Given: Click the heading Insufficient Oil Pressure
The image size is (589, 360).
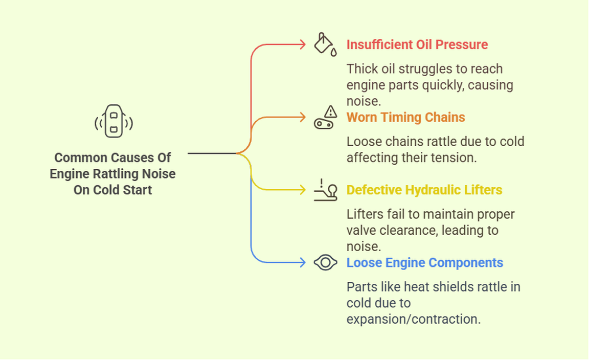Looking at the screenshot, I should click(417, 44).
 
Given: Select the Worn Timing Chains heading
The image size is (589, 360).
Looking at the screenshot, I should click(405, 117).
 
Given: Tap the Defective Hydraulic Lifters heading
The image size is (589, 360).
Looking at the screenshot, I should click(424, 190).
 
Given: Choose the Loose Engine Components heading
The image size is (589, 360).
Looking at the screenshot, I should click(424, 263).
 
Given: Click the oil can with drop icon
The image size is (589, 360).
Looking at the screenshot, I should click(325, 44).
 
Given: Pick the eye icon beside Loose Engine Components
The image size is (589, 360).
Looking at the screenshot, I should click(325, 263).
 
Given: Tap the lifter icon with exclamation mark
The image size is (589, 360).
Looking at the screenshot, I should click(325, 190).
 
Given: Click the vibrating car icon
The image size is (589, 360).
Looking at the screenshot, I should click(114, 121).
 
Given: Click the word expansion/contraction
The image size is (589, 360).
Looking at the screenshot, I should click(413, 319).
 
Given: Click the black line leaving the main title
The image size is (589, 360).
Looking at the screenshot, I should click(212, 153).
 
